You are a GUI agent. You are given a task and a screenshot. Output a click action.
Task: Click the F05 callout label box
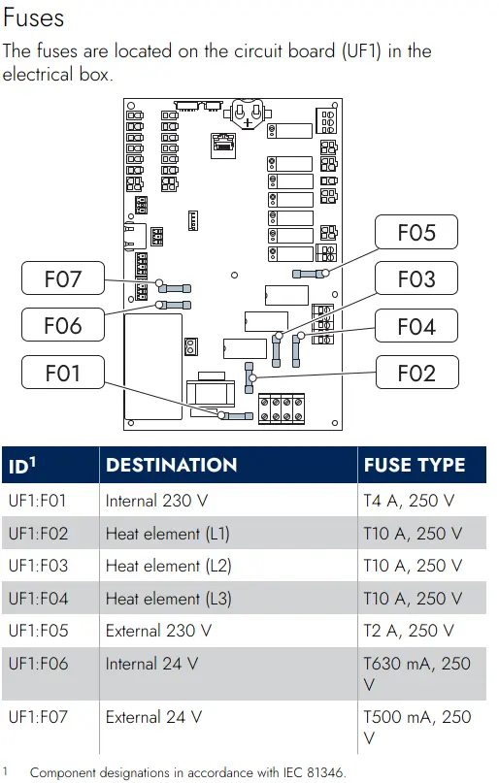point(416,232)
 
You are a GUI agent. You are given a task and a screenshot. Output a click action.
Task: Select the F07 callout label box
point(63,278)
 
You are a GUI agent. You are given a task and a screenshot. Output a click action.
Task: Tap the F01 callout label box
point(63,373)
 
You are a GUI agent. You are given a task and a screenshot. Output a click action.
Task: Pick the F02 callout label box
point(416,373)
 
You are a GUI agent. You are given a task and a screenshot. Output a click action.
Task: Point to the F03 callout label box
point(416,278)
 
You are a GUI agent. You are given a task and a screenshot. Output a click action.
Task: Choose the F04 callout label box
point(416,326)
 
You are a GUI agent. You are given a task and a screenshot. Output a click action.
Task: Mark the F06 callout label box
point(63,325)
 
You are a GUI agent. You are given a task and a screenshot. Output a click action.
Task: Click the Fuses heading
point(33,18)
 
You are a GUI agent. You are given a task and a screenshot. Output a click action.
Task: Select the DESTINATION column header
point(171,465)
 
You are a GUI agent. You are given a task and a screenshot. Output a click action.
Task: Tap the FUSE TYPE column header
point(415,465)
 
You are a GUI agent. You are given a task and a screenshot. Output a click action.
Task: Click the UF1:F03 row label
point(38,566)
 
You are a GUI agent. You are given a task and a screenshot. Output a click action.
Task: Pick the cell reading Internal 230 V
point(156,501)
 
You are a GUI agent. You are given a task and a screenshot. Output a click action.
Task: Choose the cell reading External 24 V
point(153,717)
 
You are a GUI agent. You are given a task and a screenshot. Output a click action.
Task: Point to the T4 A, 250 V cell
point(409,501)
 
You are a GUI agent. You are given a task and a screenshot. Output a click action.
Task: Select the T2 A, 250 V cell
point(409,631)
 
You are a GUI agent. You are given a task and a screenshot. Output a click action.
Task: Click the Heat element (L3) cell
point(168,599)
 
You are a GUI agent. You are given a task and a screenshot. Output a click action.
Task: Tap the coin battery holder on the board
point(248,114)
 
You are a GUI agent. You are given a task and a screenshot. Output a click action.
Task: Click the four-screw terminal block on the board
point(282,409)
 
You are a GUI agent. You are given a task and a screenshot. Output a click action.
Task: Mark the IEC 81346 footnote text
point(187,772)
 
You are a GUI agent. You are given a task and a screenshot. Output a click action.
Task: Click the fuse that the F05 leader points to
point(311,274)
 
